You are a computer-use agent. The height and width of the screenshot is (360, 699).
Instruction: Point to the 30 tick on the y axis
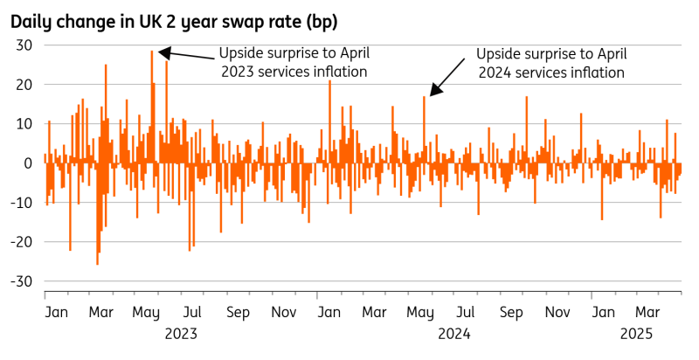(24, 46)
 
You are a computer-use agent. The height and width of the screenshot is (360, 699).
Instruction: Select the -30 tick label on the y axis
(21, 281)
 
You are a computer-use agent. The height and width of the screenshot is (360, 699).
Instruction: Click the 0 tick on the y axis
(28, 163)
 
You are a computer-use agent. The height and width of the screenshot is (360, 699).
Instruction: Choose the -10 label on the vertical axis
(21, 203)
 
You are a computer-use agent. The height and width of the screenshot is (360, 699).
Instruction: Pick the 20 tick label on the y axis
(24, 85)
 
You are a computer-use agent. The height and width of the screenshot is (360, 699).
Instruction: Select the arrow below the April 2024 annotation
(447, 76)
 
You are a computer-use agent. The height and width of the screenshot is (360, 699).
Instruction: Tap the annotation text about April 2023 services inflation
(292, 60)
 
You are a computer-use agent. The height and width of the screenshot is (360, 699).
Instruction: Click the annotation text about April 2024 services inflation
(551, 63)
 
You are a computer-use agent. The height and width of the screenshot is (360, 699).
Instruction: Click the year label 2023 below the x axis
(181, 333)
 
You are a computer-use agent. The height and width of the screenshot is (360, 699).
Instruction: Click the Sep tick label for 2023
(238, 312)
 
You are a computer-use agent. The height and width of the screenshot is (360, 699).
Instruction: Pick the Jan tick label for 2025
(602, 312)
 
